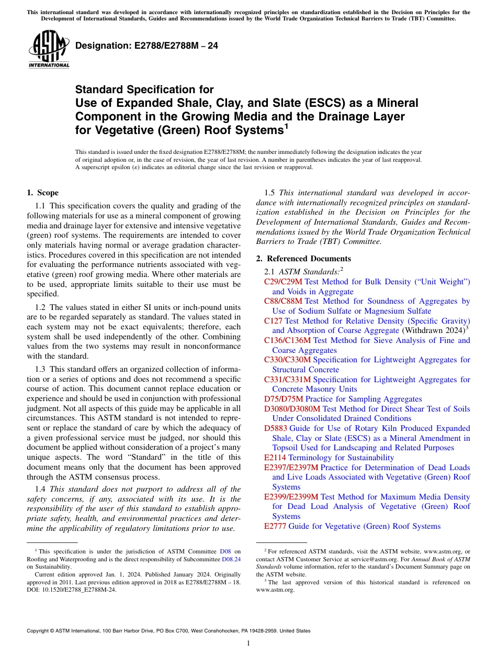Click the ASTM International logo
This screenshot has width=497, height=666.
[49, 49]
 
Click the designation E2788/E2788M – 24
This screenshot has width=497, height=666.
[146, 46]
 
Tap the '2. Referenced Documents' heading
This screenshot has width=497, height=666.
[303, 259]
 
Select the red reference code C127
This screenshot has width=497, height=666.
[273, 321]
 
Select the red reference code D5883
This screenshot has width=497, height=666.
[276, 428]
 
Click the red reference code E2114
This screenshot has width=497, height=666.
[275, 458]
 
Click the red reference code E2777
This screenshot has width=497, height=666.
[275, 526]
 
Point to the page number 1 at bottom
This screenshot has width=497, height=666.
[249, 643]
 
